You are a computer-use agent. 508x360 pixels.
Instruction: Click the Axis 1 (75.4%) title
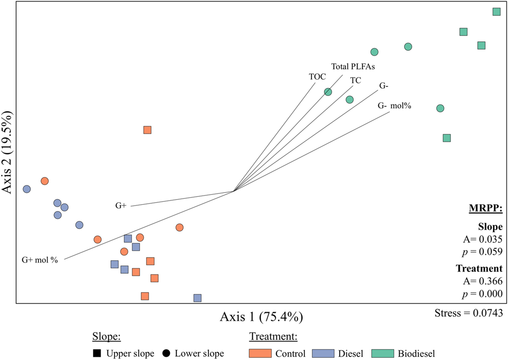pos(261,317)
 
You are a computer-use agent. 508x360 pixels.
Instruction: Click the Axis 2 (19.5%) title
pos(7,152)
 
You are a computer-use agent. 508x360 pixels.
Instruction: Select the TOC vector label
pos(317,77)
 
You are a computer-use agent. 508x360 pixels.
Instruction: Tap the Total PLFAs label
pos(353,67)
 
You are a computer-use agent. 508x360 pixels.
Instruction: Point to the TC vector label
pos(355,80)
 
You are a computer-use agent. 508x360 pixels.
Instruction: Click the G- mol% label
pos(394,106)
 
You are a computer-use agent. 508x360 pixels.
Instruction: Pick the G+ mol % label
pos(40,260)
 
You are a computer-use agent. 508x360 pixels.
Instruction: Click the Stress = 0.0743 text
pos(468,313)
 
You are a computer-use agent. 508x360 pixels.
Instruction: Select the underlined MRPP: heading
pos(485,208)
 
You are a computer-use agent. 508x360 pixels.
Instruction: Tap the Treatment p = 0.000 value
pos(482,294)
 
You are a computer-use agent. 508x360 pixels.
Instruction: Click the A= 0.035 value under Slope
pos(482,239)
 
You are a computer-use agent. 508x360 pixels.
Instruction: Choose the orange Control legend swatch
pos(260,354)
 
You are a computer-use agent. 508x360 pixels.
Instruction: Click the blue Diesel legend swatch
pos(323,354)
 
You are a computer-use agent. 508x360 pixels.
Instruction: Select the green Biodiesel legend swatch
pos(382,354)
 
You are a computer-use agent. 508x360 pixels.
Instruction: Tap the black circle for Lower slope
pos(166,353)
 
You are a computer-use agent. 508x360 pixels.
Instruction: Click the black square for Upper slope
pos(97,353)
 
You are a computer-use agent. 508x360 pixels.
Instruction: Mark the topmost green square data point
pos(496,12)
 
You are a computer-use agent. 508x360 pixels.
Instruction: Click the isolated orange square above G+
pos(147,130)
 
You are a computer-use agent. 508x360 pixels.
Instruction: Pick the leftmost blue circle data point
pos(27,189)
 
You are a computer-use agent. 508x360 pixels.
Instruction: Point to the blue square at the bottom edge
pos(197,298)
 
